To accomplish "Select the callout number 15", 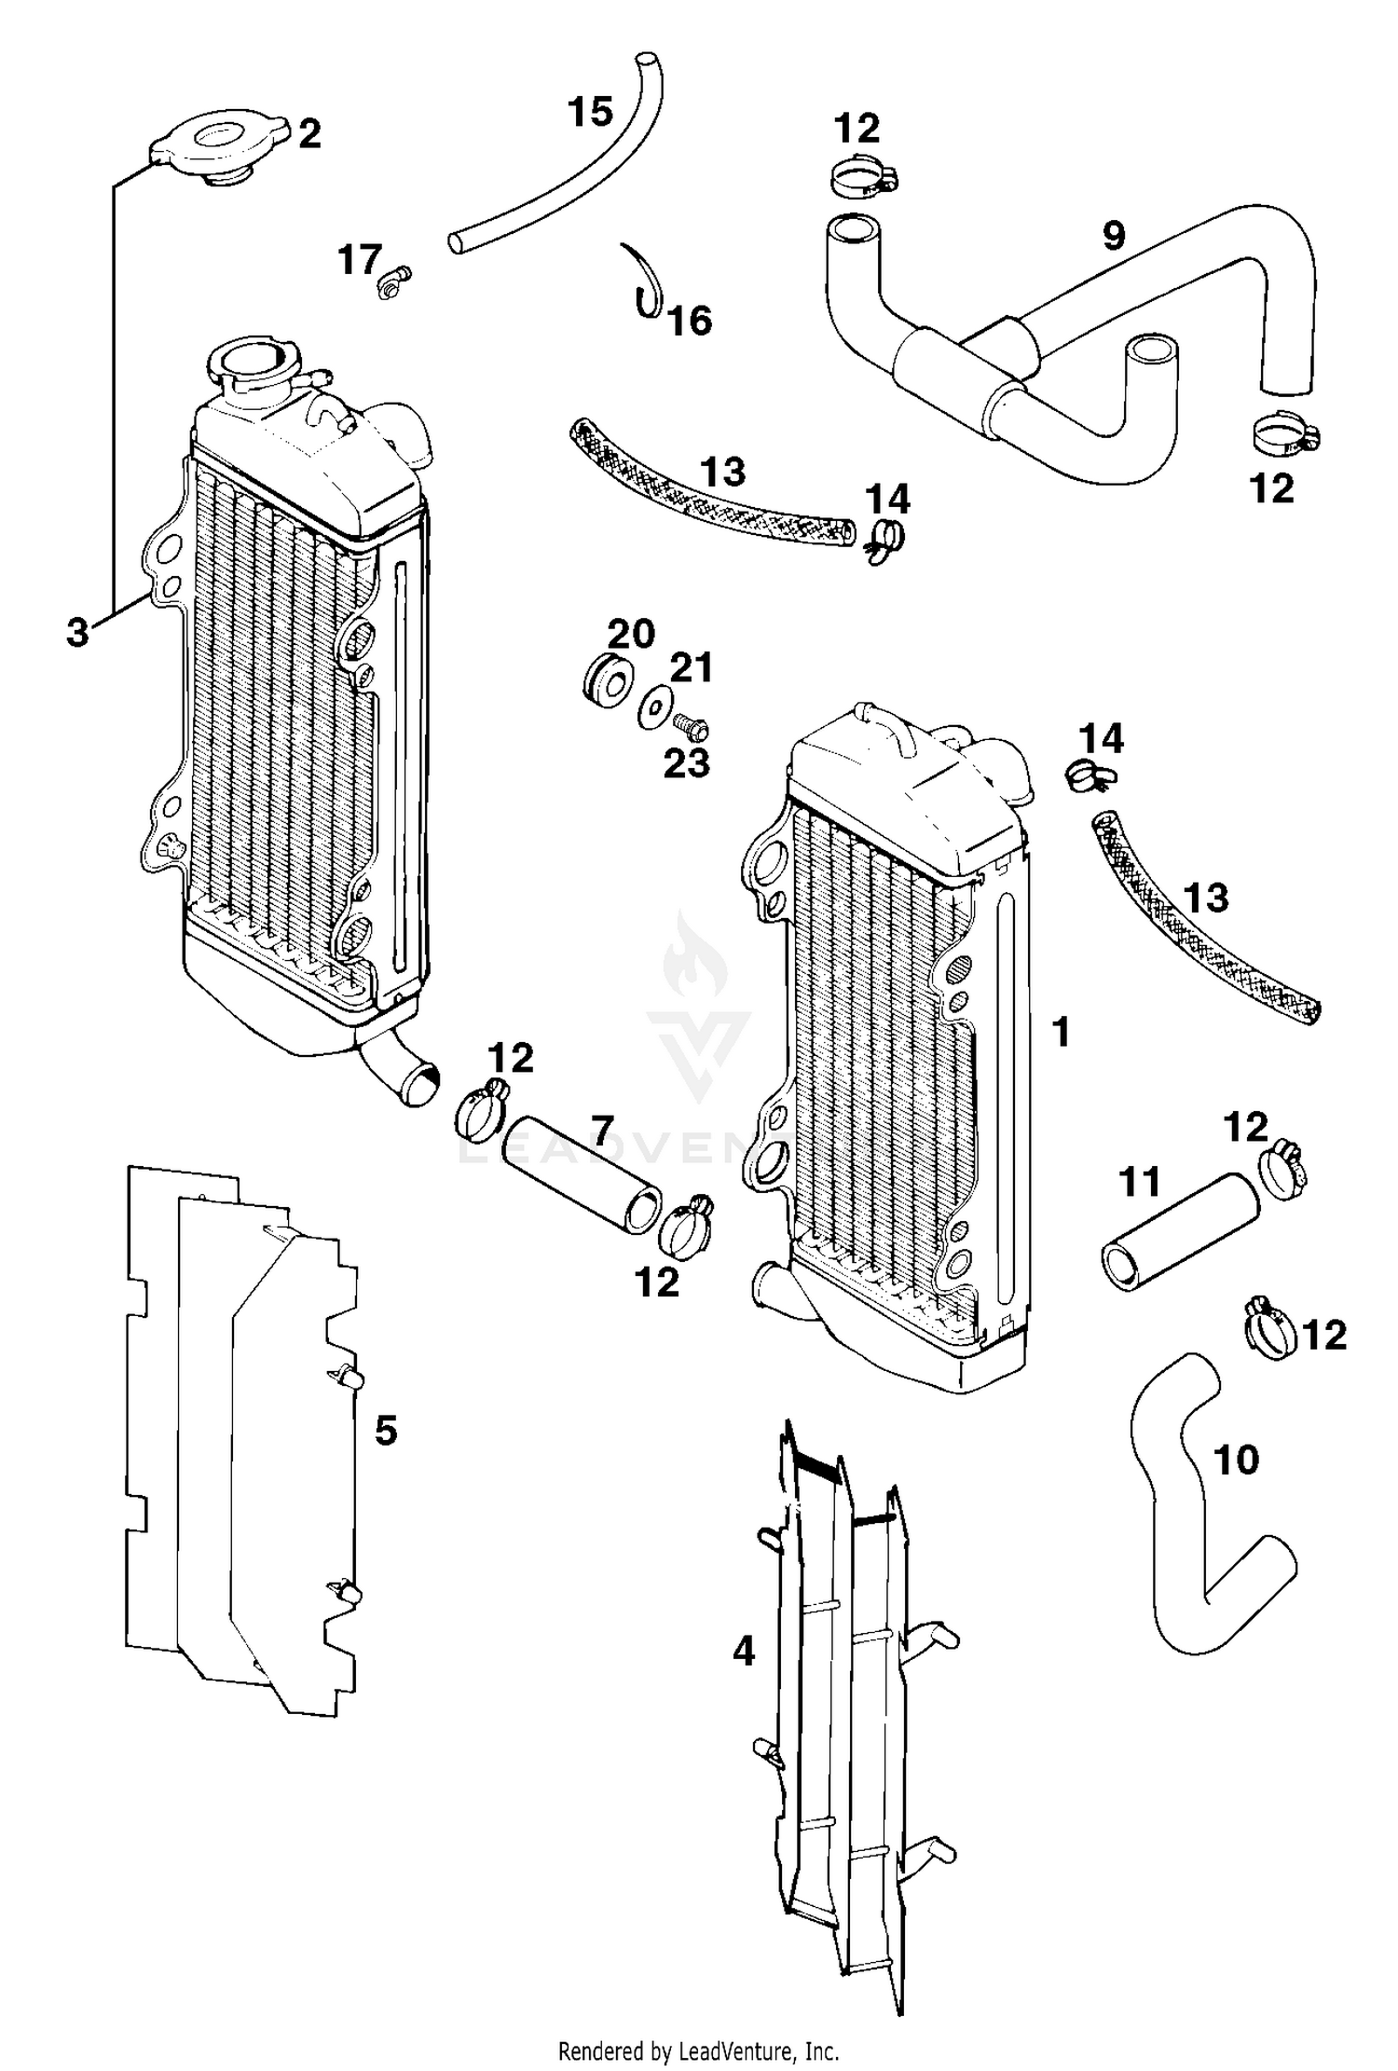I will pos(590,112).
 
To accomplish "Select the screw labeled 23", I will pos(690,725).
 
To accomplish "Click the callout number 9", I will pos(1114,236).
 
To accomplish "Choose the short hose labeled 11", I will pos(1178,1232).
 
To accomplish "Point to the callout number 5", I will pos(386,1429).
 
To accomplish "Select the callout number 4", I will pos(743,1651).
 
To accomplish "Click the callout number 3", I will pos(78,631).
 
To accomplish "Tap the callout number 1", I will pos(1061,1032).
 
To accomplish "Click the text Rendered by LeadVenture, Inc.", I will pos(698,2050).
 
